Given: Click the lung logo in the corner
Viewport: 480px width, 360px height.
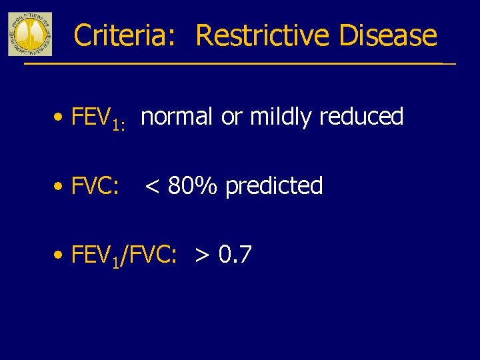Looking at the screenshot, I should click(x=29, y=33).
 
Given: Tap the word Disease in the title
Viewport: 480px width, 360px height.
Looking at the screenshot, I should click(x=388, y=35).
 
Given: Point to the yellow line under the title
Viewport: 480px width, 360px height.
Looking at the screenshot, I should click(x=233, y=63).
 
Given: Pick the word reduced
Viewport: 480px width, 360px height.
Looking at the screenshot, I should click(x=361, y=117).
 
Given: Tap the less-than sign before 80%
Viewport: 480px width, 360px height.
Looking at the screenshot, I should click(x=152, y=187).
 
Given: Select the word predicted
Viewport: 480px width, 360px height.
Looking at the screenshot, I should click(x=274, y=185).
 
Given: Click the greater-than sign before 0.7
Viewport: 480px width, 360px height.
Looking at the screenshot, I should click(x=202, y=255).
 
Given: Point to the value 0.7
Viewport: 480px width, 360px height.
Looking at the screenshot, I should click(x=235, y=254).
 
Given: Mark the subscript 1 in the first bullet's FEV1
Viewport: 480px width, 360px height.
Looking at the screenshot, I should click(x=115, y=124).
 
